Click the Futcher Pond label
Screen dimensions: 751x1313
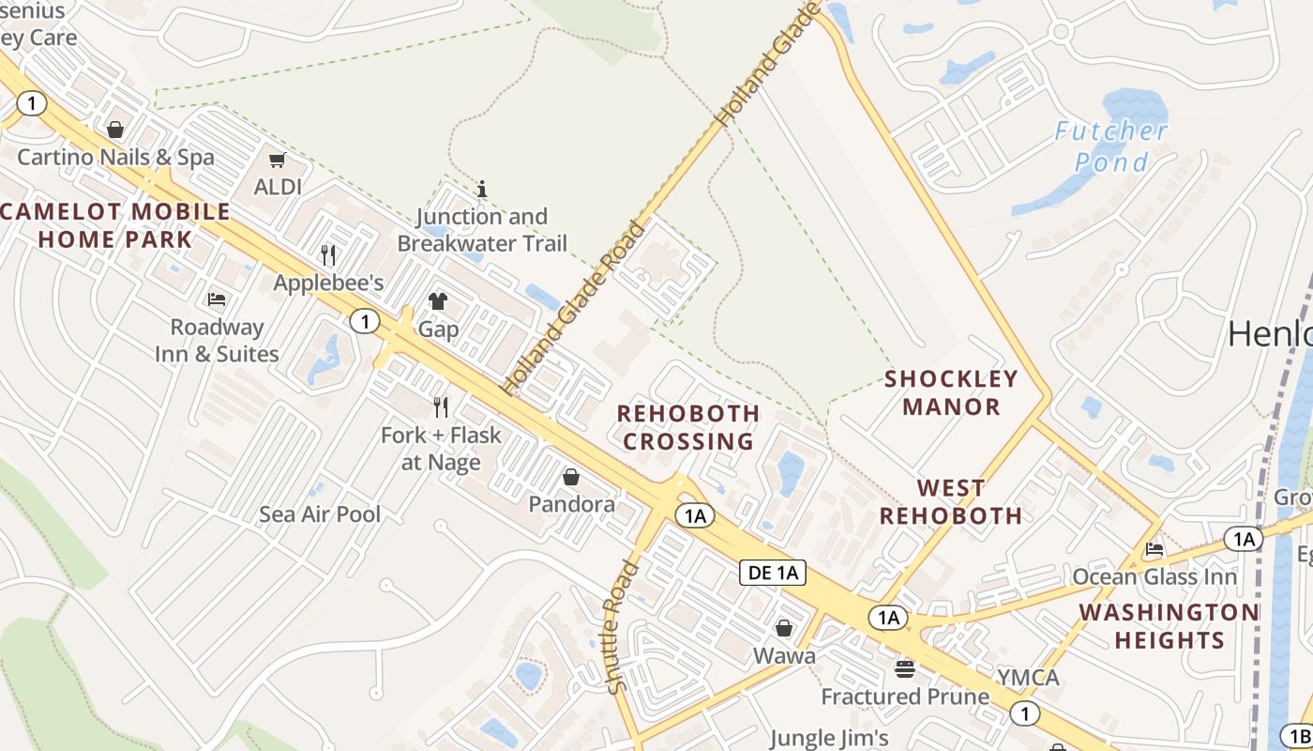click(x=1111, y=146)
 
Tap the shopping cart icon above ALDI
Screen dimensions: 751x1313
click(x=278, y=161)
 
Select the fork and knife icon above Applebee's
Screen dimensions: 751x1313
click(x=328, y=254)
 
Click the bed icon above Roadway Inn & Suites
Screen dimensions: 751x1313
click(x=217, y=299)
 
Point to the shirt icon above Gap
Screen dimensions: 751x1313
click(x=438, y=301)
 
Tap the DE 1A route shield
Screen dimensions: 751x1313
click(x=773, y=573)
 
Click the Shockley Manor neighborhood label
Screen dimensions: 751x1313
click(x=951, y=392)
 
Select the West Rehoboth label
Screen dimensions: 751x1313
click(x=951, y=501)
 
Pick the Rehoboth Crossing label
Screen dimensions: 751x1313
click(x=688, y=427)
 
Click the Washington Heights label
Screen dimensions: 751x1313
click(x=1169, y=626)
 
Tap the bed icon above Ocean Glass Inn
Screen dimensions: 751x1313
click(x=1155, y=549)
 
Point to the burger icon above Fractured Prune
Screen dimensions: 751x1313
click(x=905, y=669)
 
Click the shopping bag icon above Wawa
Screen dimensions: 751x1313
click(x=784, y=628)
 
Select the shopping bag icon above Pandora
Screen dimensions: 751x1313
click(x=571, y=477)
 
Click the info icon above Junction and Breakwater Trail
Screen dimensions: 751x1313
click(x=482, y=189)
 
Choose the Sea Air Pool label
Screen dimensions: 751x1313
click(x=320, y=513)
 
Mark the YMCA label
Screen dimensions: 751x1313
click(x=1028, y=677)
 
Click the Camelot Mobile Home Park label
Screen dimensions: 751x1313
click(x=113, y=225)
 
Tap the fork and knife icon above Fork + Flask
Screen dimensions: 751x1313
click(x=441, y=406)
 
